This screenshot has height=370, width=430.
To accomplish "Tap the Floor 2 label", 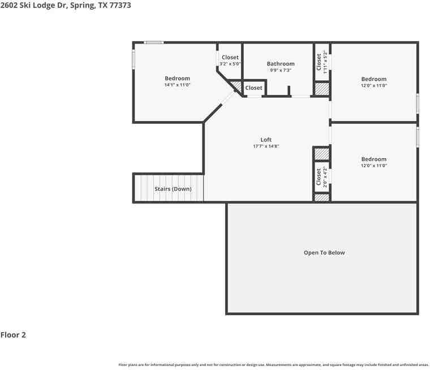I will pyautogui.click(x=13, y=335).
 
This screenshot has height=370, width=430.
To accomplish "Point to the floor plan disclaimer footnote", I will pyautogui.click(x=273, y=364).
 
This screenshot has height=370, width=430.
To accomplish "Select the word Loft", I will pyautogui.click(x=266, y=140).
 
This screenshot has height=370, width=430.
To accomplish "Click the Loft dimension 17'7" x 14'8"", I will pyautogui.click(x=266, y=146).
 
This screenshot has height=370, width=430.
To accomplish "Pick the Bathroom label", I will pyautogui.click(x=281, y=64).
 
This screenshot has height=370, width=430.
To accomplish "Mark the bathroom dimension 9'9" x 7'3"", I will pyautogui.click(x=281, y=71).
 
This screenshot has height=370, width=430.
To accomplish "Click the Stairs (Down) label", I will pyautogui.click(x=173, y=189).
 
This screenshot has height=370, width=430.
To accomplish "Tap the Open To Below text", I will pyautogui.click(x=324, y=253).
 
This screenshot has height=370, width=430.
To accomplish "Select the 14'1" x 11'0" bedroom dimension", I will pyautogui.click(x=177, y=85).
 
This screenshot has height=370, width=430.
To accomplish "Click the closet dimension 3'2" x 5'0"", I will pyautogui.click(x=230, y=64).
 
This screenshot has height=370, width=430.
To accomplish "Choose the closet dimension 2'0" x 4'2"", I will pyautogui.click(x=325, y=177).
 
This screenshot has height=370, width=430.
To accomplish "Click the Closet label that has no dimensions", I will pyautogui.click(x=253, y=88).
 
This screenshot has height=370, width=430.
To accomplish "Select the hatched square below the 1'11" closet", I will pyautogui.click(x=322, y=89).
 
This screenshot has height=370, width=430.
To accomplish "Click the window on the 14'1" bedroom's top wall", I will pyautogui.click(x=153, y=42).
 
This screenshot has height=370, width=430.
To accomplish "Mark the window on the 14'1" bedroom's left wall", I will pyautogui.click(x=134, y=60).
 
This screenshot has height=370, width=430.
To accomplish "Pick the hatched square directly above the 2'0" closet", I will pyautogui.click(x=321, y=154).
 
